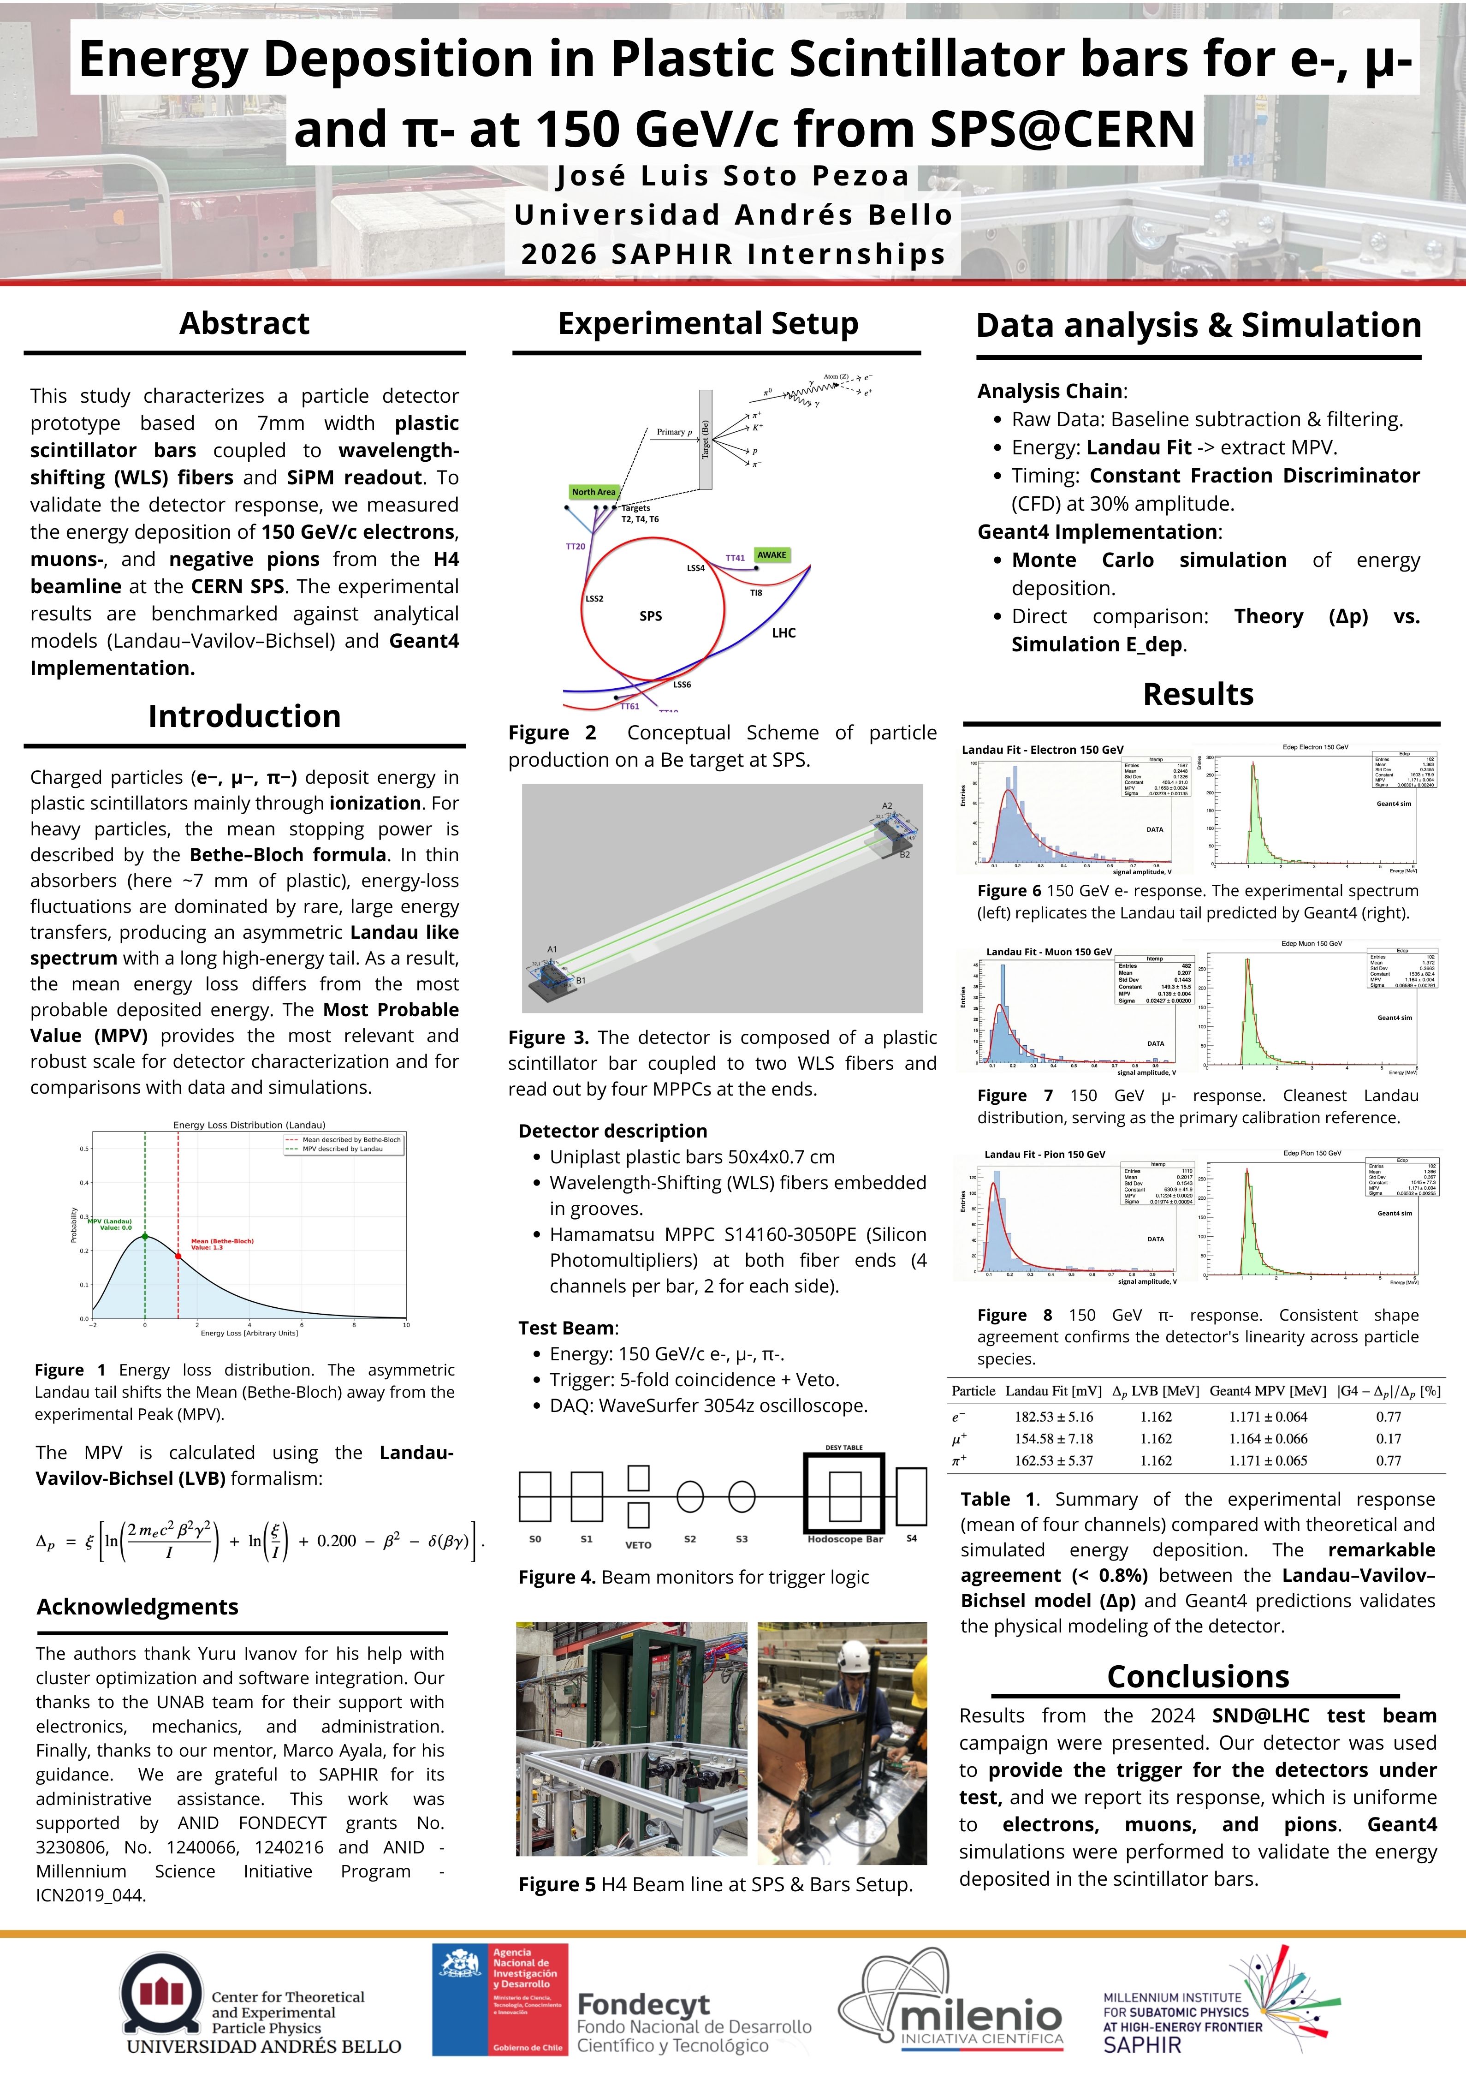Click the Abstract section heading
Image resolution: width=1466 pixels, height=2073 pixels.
point(244,323)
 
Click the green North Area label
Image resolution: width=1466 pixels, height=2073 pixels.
point(593,492)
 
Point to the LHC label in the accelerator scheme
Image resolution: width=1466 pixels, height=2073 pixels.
point(783,633)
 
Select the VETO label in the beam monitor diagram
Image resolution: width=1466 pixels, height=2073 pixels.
point(638,1545)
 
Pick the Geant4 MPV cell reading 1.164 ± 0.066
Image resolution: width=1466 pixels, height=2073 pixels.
point(1267,1438)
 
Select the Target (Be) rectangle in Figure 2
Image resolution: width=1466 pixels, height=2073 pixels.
point(706,440)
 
